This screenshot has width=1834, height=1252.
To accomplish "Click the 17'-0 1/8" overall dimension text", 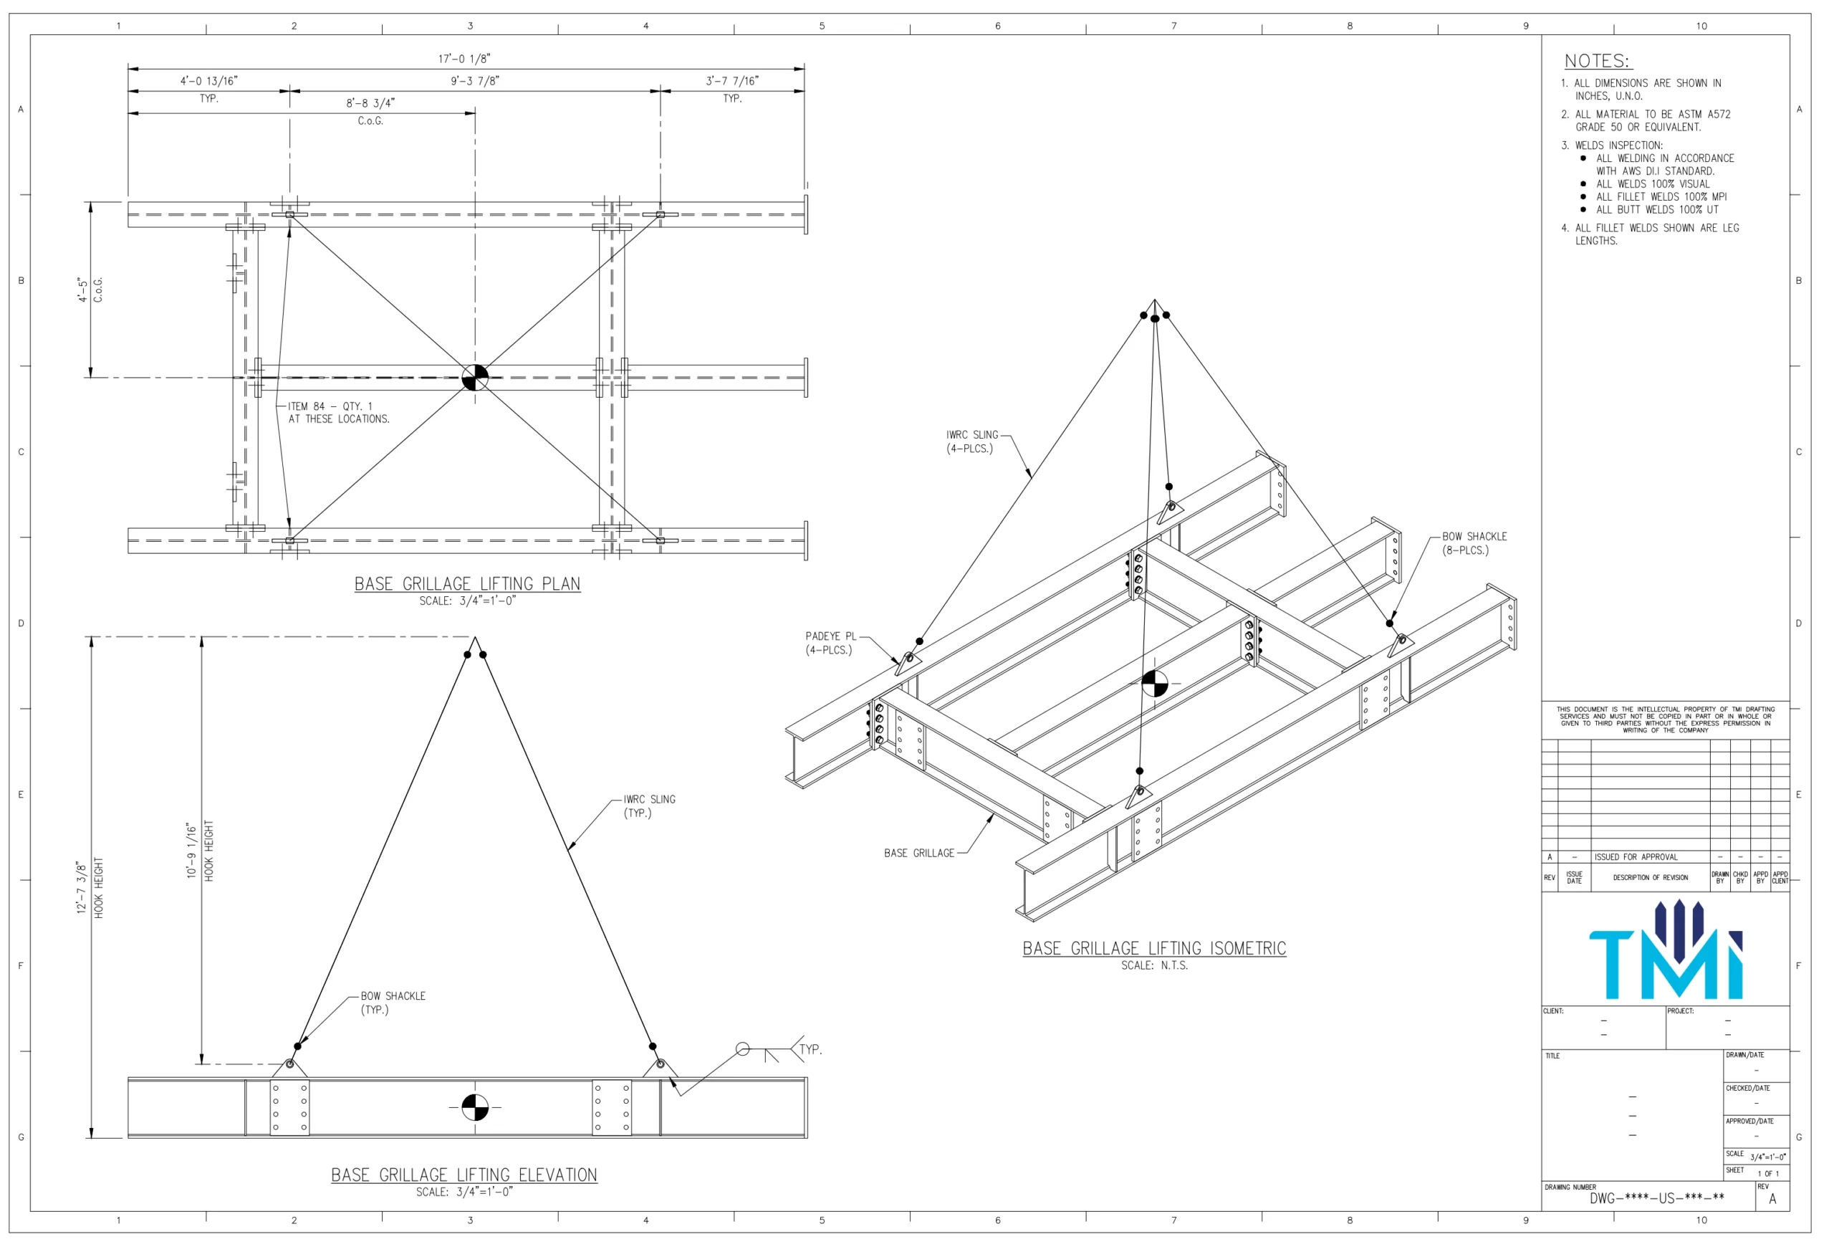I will (x=464, y=59).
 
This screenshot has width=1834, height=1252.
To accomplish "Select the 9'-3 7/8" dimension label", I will (x=475, y=81).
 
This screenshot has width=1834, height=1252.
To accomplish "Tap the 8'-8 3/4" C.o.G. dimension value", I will (x=370, y=103).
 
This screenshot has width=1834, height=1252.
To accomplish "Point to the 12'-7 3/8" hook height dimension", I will (x=81, y=887).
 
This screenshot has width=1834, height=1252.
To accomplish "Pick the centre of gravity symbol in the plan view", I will (x=475, y=378).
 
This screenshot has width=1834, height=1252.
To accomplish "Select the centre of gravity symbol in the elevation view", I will (x=475, y=1107).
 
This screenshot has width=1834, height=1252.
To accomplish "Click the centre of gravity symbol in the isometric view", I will (x=1155, y=684).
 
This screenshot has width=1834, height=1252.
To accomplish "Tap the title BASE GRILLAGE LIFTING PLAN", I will (x=467, y=584).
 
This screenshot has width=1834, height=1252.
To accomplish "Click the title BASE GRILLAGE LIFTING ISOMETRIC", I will (x=1153, y=949).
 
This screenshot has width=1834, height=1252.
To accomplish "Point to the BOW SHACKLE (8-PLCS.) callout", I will (x=1474, y=543).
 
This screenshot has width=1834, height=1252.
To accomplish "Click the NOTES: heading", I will (x=1598, y=62).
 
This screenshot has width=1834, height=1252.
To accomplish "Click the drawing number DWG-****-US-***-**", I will (x=1656, y=1198).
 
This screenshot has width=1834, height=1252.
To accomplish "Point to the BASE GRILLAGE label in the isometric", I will (x=918, y=854).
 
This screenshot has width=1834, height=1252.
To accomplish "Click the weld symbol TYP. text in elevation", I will (x=810, y=1050).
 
